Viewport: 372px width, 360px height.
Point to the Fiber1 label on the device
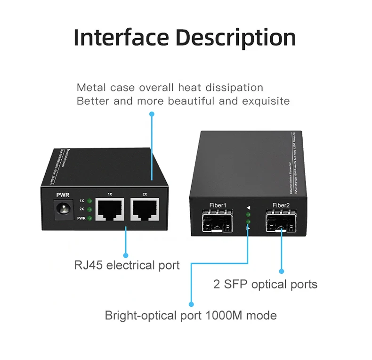(218, 205)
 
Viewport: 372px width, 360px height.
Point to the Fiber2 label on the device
(282, 205)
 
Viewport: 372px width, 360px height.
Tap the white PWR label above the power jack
(63, 194)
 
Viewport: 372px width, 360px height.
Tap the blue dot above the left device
(152, 114)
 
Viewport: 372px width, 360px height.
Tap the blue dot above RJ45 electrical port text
(126, 254)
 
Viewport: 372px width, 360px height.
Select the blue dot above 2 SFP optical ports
(282, 271)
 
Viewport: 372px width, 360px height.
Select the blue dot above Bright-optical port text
(191, 304)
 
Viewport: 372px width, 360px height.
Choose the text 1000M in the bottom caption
(226, 315)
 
